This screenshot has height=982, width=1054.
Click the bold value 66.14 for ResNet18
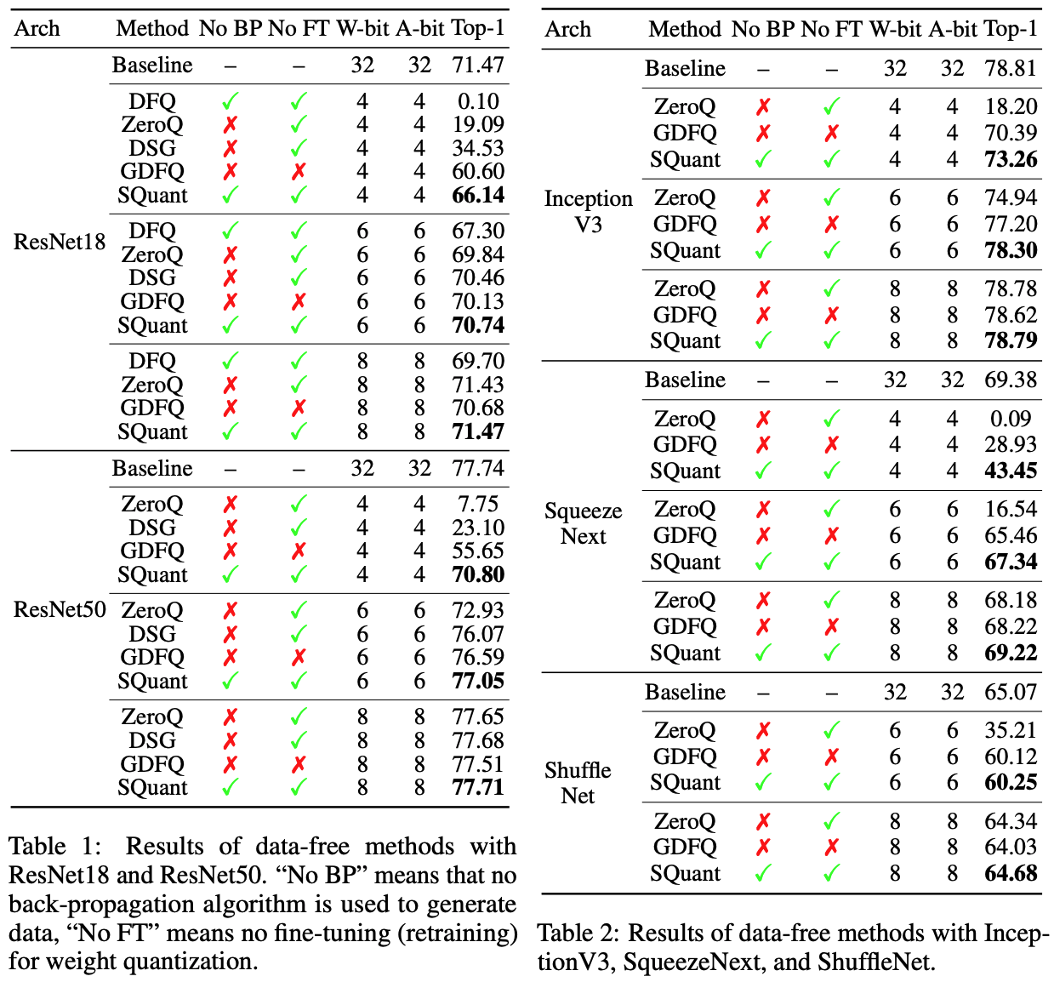point(478,196)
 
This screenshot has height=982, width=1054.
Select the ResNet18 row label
point(60,243)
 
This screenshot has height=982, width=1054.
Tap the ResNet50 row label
point(60,610)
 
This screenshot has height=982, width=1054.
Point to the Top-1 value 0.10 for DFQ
point(478,102)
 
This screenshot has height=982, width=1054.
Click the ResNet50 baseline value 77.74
point(478,469)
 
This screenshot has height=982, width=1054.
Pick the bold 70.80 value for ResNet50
point(478,575)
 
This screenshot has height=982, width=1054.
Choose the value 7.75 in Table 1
point(478,505)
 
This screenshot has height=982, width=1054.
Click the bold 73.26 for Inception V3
point(1011,160)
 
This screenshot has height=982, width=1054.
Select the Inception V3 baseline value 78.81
point(1011,69)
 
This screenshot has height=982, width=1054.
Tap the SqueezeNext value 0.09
point(1011,420)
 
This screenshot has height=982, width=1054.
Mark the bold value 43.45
point(1011,471)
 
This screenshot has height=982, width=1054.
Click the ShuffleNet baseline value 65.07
point(1011,693)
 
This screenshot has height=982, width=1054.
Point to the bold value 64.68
point(1011,874)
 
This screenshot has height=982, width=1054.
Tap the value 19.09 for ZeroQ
point(478,125)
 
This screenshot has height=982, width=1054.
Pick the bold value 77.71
point(478,788)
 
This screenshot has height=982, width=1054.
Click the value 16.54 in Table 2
point(1011,510)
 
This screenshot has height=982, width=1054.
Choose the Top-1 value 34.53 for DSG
point(478,149)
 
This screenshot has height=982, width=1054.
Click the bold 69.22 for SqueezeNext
point(1011,654)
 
